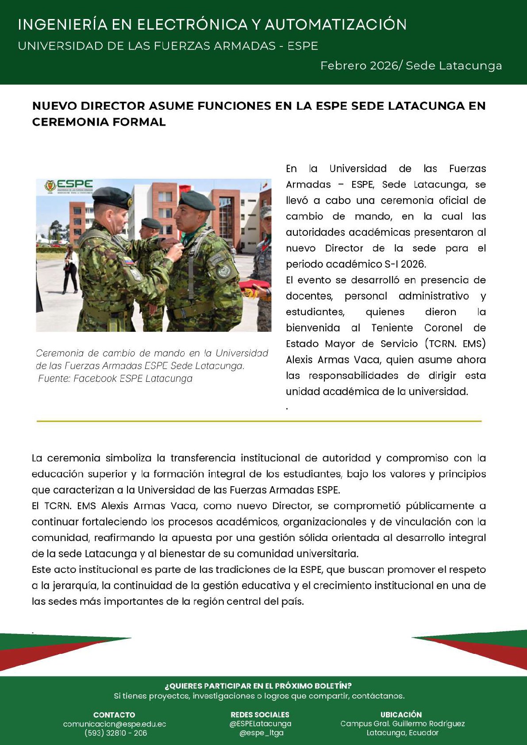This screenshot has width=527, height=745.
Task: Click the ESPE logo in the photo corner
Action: [x=69, y=186]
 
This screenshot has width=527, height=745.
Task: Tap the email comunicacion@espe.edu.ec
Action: [x=115, y=724]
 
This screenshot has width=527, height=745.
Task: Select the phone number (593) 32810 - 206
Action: [x=115, y=733]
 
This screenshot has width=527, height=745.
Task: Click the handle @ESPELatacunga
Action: [x=260, y=724]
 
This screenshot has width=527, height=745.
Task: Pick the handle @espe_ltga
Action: [x=261, y=733]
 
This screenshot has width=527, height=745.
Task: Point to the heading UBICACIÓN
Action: [x=401, y=714]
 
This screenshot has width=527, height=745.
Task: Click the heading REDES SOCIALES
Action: [x=260, y=714]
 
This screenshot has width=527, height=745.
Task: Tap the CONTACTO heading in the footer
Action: [x=114, y=714]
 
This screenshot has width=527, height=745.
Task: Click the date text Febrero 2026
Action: [x=359, y=66]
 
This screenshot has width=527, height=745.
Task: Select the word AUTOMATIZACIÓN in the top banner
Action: [x=336, y=25]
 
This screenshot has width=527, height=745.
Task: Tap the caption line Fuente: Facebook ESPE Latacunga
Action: [x=115, y=379]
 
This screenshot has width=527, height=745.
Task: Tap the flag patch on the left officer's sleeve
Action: [x=128, y=261]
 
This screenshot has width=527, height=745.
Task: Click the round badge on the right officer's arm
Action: [x=224, y=269]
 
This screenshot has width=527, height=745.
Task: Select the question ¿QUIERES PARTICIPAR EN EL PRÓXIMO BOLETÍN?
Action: [x=258, y=686]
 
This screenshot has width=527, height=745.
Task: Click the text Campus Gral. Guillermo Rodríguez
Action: [x=402, y=724]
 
